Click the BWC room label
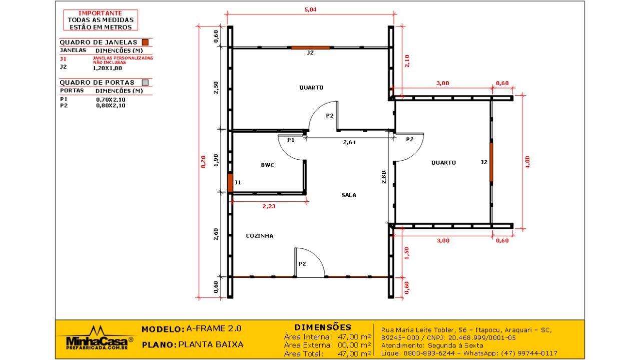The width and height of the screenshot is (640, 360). pyautogui.click(x=267, y=165)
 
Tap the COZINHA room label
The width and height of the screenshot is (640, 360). pyautogui.click(x=259, y=236)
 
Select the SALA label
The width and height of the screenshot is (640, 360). pyautogui.click(x=349, y=195)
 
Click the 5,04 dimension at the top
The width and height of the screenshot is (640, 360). pyautogui.click(x=310, y=10)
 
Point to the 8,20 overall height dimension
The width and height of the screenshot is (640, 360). pyautogui.click(x=203, y=162)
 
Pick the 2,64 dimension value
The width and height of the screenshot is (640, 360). pyautogui.click(x=349, y=142)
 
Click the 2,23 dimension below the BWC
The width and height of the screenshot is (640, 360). pyautogui.click(x=269, y=206)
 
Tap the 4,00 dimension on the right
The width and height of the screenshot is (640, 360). pyautogui.click(x=527, y=162)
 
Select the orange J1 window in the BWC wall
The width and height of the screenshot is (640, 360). pyautogui.click(x=230, y=183)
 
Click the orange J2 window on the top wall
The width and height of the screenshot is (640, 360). pyautogui.click(x=310, y=48)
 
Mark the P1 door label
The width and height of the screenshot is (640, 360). pyautogui.click(x=291, y=140)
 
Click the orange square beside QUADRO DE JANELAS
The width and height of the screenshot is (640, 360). pyautogui.click(x=145, y=43)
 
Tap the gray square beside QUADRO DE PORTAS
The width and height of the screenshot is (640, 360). pyautogui.click(x=145, y=83)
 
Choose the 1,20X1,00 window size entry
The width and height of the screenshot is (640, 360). pyautogui.click(x=108, y=68)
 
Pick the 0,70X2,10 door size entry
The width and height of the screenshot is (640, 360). pyautogui.click(x=111, y=100)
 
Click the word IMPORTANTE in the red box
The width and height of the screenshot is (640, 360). pyautogui.click(x=100, y=13)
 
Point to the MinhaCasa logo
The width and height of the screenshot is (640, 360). pyautogui.click(x=97, y=338)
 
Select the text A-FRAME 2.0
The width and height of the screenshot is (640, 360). pyautogui.click(x=214, y=328)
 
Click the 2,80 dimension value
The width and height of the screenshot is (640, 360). pyautogui.click(x=384, y=177)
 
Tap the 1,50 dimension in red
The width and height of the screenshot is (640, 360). pyautogui.click(x=407, y=253)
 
